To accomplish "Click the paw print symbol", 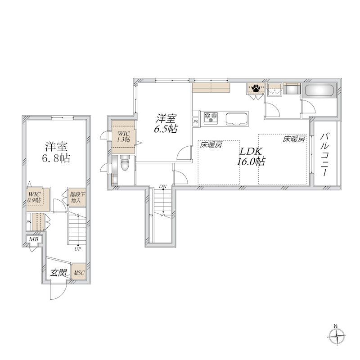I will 256,88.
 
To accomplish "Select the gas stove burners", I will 211,118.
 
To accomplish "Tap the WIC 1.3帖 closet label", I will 122,136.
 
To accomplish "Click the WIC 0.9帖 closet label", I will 34,197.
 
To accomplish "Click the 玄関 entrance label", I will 58,272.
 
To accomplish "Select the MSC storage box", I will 79,273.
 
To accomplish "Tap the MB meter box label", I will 33,239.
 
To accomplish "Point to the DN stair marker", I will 162,186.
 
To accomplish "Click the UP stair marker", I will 77,248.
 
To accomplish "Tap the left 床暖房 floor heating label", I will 211,145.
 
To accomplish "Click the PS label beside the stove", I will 195,121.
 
